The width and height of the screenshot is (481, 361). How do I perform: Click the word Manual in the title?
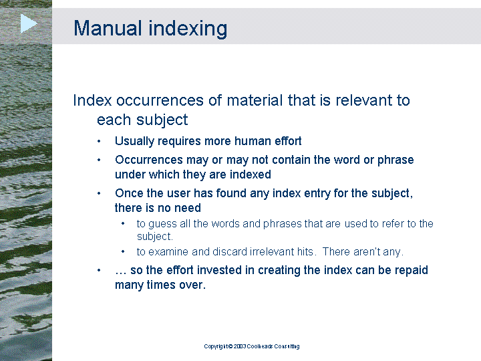click(x=108, y=28)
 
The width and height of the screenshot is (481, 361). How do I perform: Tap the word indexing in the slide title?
click(x=188, y=29)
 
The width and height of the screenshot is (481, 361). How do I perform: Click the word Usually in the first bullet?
click(x=134, y=142)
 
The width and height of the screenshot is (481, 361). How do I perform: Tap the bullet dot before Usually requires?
click(x=99, y=142)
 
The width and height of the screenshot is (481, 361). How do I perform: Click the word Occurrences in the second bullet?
click(x=149, y=160)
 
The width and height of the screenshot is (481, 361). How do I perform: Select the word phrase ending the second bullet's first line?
click(x=395, y=160)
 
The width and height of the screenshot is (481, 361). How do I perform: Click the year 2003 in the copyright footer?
click(x=240, y=346)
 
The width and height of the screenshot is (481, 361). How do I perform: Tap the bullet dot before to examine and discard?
click(x=123, y=252)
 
